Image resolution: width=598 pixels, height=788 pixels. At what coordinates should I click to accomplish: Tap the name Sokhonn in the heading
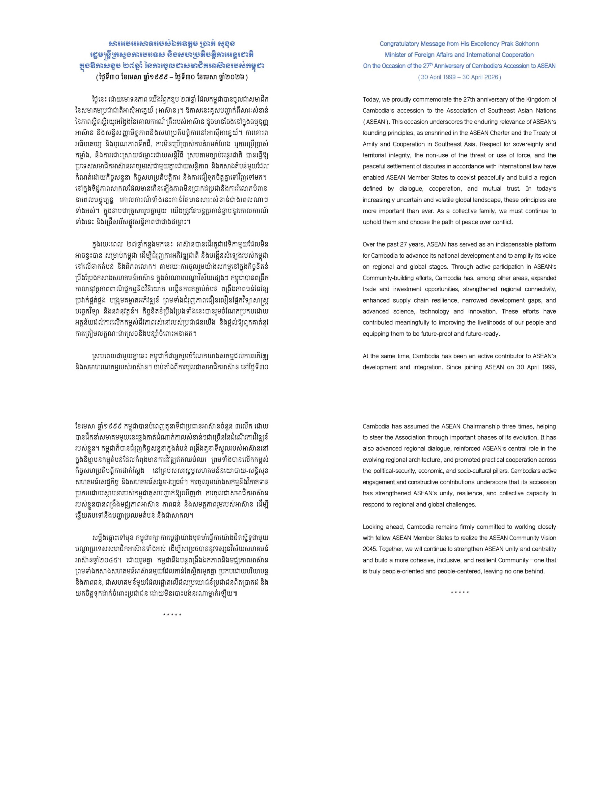527,44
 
